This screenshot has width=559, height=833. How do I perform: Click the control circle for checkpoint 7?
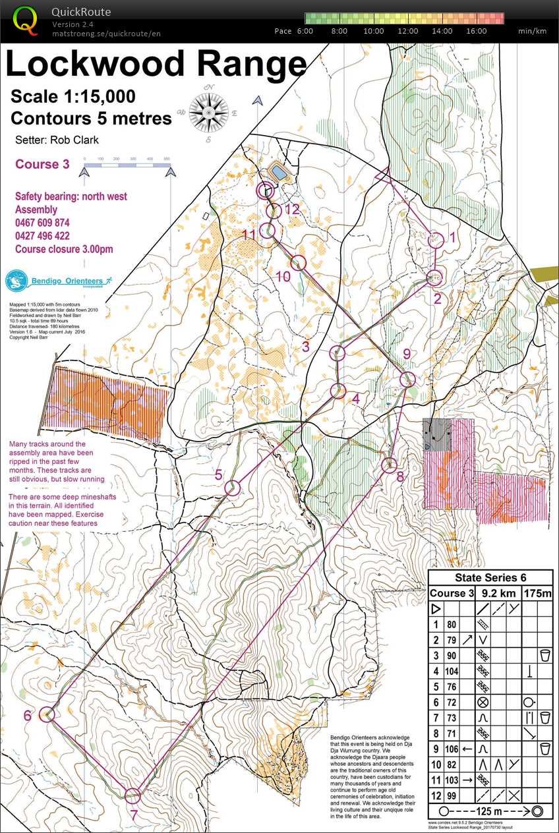(132, 795)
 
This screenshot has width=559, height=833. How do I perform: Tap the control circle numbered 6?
(47, 714)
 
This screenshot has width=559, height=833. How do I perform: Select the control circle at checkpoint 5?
(232, 488)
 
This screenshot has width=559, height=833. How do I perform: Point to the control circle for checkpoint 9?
(407, 379)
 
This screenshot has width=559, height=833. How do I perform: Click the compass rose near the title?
(209, 110)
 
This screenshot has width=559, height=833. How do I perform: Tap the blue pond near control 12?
(279, 173)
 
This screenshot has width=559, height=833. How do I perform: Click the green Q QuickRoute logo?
(26, 20)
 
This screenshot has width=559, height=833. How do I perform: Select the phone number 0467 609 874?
(42, 223)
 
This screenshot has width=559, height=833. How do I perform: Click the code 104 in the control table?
(452, 671)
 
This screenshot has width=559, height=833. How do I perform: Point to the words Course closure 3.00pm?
(64, 249)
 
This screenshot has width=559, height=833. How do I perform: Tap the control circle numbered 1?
(436, 241)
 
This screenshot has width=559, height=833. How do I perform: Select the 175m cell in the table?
(538, 593)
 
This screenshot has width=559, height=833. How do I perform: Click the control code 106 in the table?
(452, 749)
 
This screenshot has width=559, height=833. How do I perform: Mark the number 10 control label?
(283, 277)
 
